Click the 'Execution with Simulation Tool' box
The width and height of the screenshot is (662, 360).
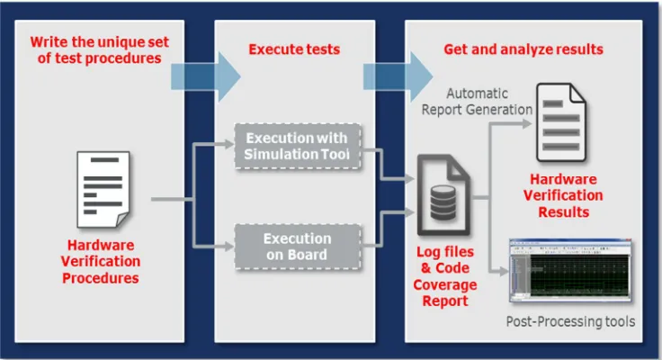tap(298, 146)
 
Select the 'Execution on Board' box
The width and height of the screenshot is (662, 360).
tap(298, 247)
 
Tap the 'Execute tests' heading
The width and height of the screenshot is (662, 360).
tap(294, 49)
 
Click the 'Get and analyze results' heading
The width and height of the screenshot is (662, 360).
tap(523, 49)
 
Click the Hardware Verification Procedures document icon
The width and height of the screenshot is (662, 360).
tap(103, 190)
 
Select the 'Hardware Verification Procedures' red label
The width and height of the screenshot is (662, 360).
tap(101, 262)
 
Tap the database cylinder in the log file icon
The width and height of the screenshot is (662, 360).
tap(443, 203)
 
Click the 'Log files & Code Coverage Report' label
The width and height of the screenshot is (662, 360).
tap(445, 276)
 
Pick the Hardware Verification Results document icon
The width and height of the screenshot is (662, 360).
tap(560, 122)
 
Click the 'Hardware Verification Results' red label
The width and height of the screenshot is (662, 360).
tap(563, 195)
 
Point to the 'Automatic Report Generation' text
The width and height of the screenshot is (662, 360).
tap(477, 102)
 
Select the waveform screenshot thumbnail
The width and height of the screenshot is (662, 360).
tap(570, 271)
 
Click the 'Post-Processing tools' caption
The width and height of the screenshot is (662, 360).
tap(570, 321)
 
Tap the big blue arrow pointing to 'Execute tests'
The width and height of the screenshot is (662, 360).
tap(206, 76)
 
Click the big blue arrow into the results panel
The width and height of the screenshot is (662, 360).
tap(398, 76)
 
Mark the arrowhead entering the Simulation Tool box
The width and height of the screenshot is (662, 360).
tap(229, 145)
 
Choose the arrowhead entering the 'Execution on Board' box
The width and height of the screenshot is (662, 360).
tap(229, 247)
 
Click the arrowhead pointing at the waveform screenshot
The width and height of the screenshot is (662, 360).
tap(504, 271)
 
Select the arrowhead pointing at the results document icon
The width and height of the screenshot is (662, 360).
tap(526, 124)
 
